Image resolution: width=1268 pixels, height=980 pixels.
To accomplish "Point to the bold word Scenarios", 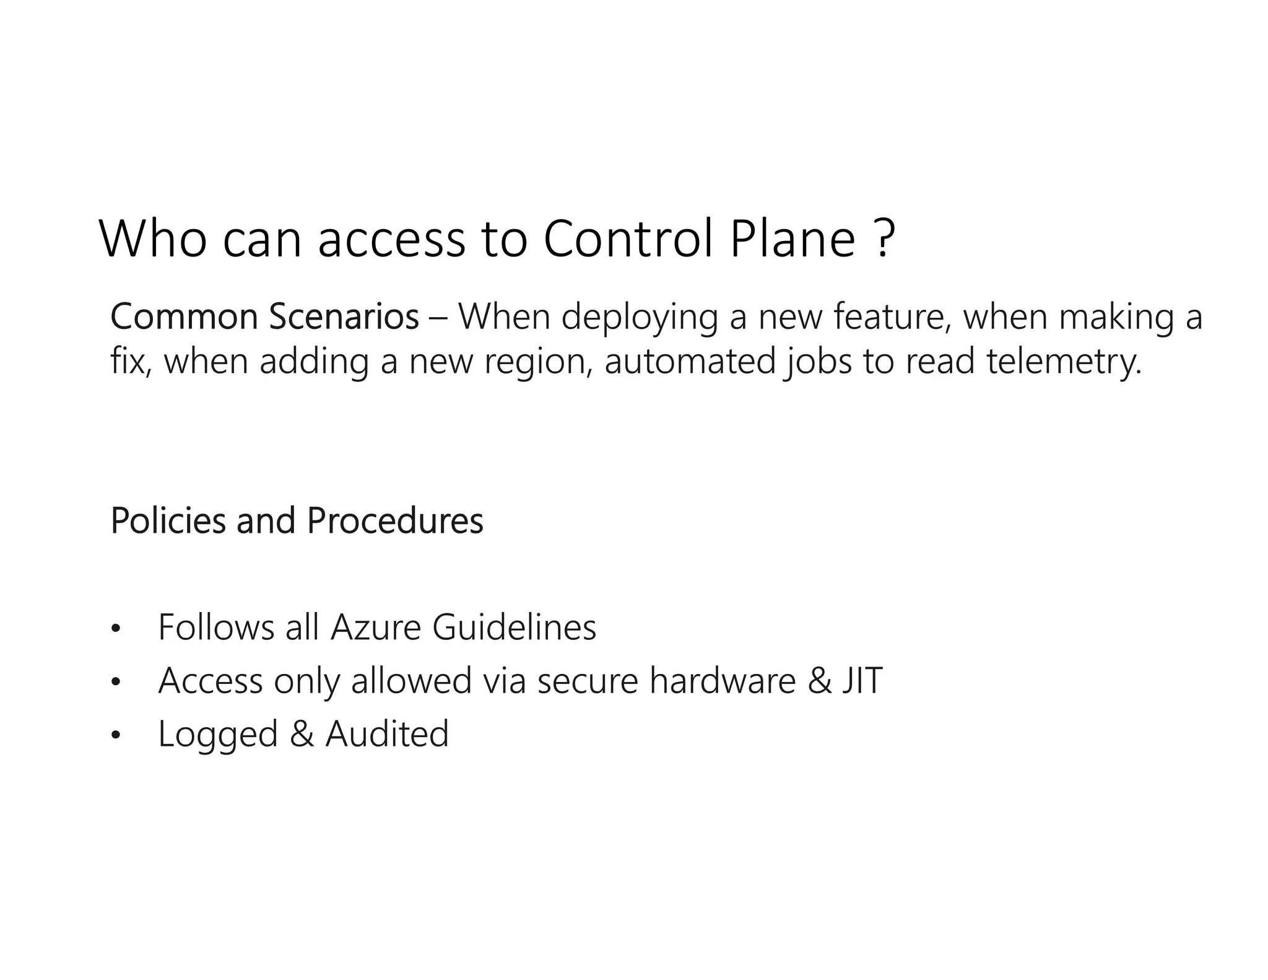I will click(x=344, y=317).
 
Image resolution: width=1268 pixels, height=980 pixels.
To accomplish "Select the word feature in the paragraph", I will click(x=892, y=317).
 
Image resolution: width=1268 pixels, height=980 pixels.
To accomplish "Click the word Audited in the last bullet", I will click(x=387, y=734).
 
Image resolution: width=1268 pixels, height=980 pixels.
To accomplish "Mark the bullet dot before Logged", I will click(x=115, y=736).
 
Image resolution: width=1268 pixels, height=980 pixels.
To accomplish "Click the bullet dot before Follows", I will click(x=115, y=629).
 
